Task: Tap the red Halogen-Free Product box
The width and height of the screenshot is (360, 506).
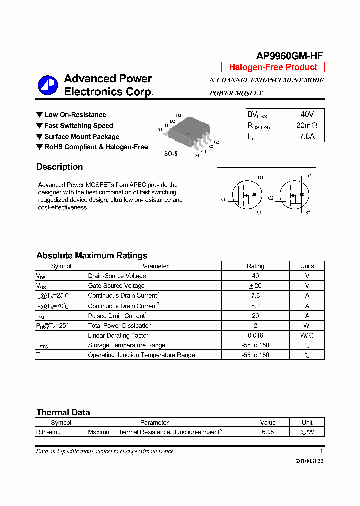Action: [273, 67]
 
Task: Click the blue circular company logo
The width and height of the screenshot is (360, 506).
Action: [48, 85]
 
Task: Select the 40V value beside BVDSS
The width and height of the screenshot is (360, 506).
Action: [304, 114]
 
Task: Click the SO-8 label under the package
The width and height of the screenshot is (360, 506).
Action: [171, 154]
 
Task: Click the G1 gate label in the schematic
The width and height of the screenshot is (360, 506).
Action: [224, 199]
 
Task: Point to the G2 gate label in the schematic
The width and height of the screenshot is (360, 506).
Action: [270, 198]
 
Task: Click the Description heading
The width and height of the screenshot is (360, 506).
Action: [60, 167]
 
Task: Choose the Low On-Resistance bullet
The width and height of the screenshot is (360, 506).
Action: [75, 115]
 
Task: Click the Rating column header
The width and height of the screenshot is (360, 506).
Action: [255, 266]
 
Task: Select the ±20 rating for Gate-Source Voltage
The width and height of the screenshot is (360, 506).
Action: [255, 286]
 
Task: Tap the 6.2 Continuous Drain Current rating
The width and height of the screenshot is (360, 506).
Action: [255, 306]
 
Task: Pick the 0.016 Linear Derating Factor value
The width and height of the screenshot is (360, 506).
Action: [255, 336]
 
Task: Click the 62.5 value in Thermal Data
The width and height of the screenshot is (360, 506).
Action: [268, 432]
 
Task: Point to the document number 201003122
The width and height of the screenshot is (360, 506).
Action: [310, 461]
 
